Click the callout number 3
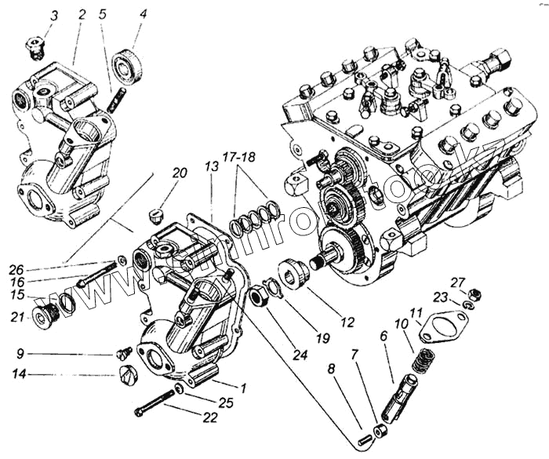54,16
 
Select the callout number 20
180,173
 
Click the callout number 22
209,417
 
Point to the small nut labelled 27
474,295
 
